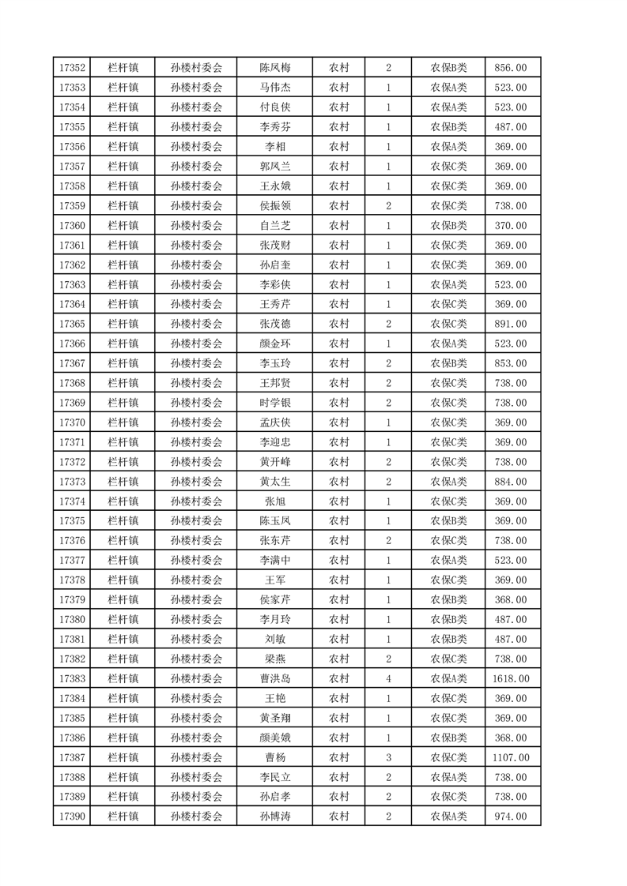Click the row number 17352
72,68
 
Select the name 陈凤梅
275,68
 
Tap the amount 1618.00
512,678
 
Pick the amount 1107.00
512,757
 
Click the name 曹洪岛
275,678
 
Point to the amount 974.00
512,817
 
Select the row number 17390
72,817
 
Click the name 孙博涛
275,817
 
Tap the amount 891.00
512,324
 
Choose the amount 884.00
512,482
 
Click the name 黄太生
275,482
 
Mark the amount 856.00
512,68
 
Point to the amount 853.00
512,363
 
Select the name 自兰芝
275,225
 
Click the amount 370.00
512,225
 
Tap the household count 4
388,678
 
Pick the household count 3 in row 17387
388,757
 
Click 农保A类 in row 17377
448,560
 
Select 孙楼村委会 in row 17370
197,422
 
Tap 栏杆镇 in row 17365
123,324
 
